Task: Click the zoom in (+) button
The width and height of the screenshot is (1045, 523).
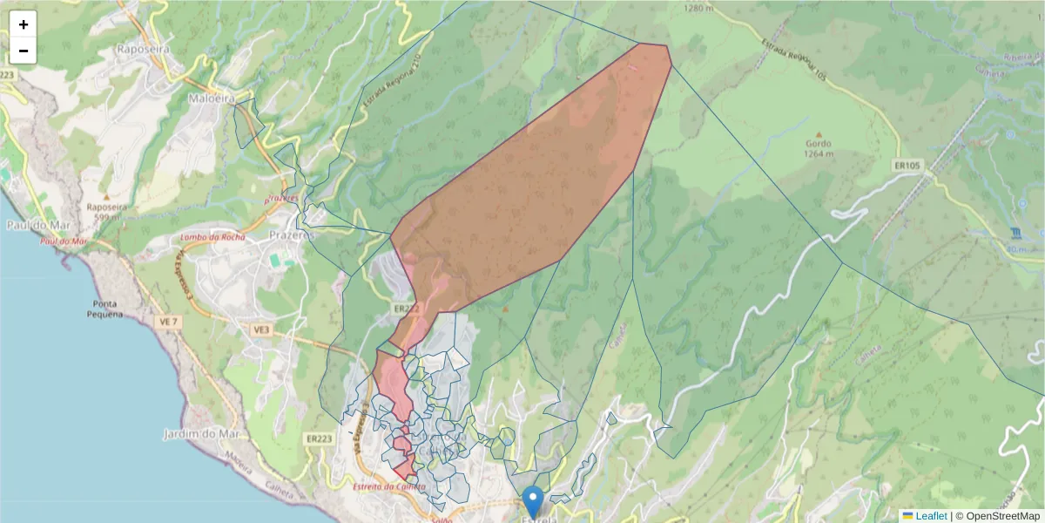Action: (24, 24)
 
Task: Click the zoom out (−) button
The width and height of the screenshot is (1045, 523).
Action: (24, 51)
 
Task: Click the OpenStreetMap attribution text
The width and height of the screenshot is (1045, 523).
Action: (997, 516)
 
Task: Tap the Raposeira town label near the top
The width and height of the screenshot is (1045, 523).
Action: (142, 50)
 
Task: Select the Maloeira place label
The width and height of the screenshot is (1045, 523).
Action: (212, 99)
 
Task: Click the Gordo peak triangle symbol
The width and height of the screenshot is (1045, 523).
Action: (818, 133)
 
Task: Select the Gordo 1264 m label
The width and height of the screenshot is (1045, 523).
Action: (818, 149)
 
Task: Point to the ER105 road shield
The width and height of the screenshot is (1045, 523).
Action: (907, 164)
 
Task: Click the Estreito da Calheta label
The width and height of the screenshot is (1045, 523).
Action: (389, 486)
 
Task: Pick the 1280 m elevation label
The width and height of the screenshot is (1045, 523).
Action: (699, 9)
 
